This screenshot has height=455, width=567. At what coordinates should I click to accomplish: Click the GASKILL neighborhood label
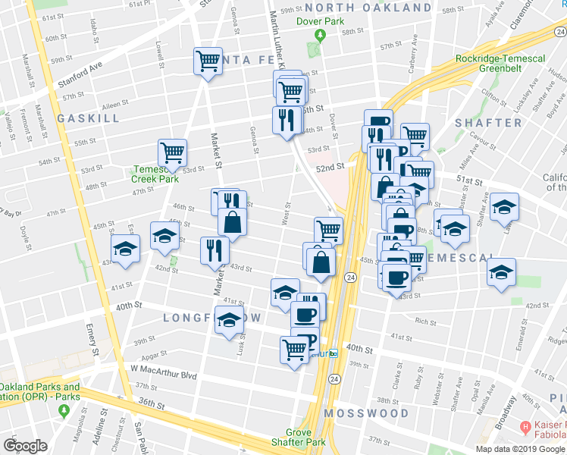click(88, 119)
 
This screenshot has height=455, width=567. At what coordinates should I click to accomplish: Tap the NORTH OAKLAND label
click(369, 8)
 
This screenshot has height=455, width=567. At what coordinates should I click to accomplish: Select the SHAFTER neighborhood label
click(488, 123)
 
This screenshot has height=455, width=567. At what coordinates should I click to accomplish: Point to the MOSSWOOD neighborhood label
click(367, 413)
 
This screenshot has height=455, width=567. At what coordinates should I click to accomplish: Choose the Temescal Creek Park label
click(155, 174)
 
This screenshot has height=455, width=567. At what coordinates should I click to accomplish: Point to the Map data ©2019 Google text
click(520, 449)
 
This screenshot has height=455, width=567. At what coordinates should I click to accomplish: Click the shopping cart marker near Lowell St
click(207, 61)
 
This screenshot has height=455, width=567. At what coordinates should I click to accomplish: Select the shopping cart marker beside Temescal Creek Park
click(172, 152)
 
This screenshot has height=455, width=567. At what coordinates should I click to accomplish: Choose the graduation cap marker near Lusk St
click(228, 320)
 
